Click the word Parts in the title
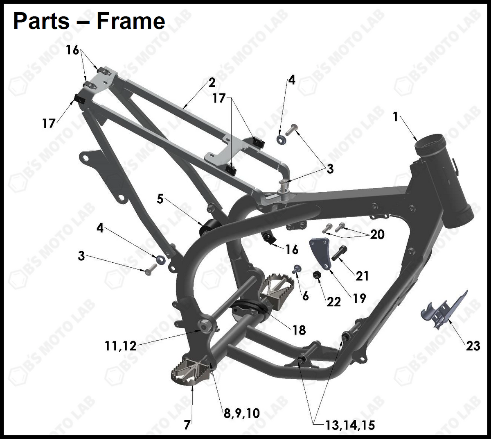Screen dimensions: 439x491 [x=41, y=21]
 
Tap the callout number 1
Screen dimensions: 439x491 [x=395, y=117]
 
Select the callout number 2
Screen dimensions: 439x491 [x=212, y=83]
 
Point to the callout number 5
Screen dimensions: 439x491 [x=160, y=199]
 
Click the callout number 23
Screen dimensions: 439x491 [x=473, y=346]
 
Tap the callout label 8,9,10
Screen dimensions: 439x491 [x=242, y=413]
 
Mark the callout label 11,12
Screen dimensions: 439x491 [x=120, y=346]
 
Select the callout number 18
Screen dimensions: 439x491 [x=299, y=330]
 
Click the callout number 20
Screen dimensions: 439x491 [x=377, y=234]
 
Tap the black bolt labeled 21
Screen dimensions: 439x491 [x=339, y=253]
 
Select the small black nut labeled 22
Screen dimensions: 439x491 [x=316, y=275]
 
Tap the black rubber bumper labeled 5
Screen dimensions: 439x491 [x=210, y=227]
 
